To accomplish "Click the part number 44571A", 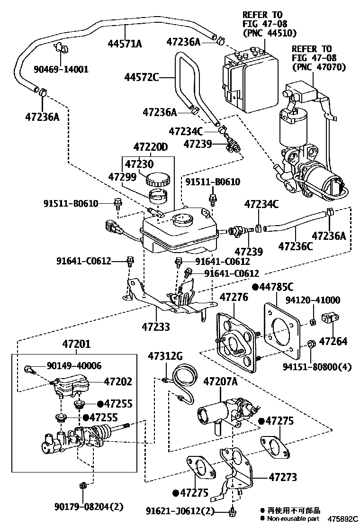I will (125, 44).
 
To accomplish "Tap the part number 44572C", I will (142, 77).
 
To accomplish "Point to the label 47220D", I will (150, 147).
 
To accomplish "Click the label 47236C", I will (295, 246).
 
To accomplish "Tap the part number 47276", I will (234, 297).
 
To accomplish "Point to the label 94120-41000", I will (320, 300).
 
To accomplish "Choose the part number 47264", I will (333, 341).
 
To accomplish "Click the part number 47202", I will (118, 382).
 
